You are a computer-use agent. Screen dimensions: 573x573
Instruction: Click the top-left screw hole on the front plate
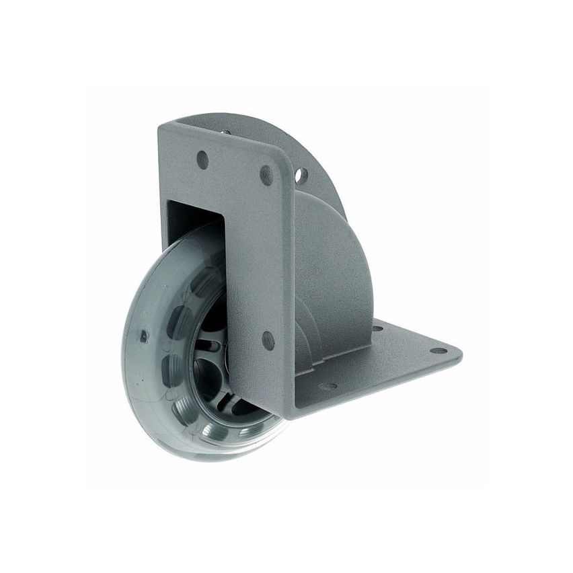tap(202, 159)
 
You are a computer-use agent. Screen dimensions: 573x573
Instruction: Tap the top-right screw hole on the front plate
tap(267, 176)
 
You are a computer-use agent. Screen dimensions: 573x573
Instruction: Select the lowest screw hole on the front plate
tap(268, 340)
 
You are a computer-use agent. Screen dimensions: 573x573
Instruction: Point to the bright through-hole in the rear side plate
tap(301, 176)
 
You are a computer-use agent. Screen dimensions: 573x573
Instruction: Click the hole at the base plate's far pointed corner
tap(438, 350)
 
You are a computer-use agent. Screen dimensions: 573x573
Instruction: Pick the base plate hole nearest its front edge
tap(328, 387)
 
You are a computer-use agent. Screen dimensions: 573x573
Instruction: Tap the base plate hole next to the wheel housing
tap(377, 329)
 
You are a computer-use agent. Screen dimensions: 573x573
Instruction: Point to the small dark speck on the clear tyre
tap(143, 334)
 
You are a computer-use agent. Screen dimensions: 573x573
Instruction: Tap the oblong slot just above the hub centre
tap(209, 346)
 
